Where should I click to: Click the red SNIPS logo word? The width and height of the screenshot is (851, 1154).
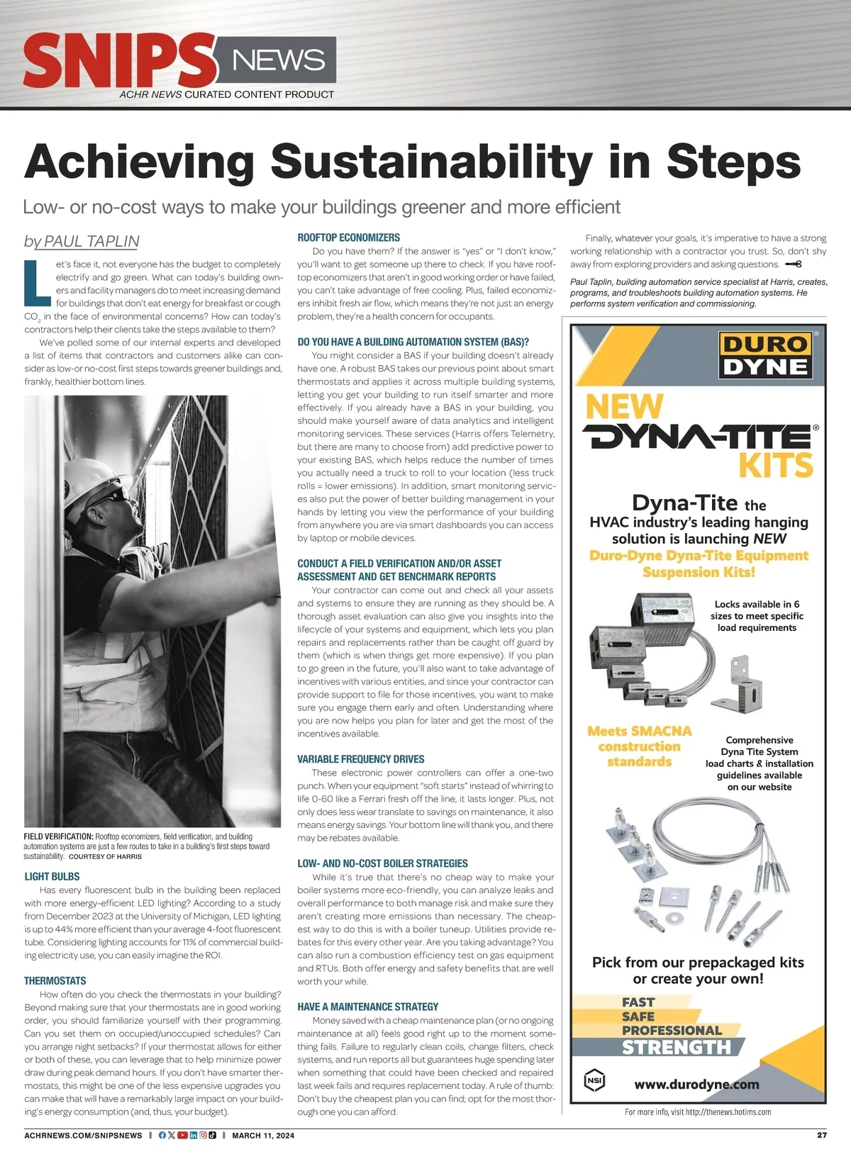tap(119, 62)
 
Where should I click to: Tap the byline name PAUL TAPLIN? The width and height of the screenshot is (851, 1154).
tap(91, 241)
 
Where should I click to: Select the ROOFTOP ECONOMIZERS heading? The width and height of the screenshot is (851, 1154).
tap(348, 237)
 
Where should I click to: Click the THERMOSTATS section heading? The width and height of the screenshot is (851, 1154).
tap(55, 981)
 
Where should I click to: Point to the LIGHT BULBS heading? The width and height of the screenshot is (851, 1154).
tap(52, 877)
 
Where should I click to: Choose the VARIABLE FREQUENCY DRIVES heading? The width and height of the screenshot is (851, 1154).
tap(360, 759)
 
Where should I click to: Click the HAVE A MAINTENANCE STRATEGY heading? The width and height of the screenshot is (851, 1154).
tap(367, 1007)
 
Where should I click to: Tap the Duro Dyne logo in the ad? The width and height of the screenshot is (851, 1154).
tap(765, 355)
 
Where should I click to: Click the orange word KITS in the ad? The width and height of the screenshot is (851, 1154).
tap(775, 466)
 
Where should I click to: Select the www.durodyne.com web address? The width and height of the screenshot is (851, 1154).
tap(696, 1085)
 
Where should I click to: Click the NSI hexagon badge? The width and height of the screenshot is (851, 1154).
tap(594, 1081)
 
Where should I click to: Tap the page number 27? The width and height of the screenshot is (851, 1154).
tap(821, 1135)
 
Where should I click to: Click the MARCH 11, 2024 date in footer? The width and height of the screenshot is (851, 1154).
tap(262, 1136)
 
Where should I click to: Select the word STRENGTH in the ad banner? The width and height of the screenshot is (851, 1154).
tap(676, 1048)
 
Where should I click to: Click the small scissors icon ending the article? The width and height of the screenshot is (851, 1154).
tap(793, 264)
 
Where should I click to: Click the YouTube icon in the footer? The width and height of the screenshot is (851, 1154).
tap(182, 1136)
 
